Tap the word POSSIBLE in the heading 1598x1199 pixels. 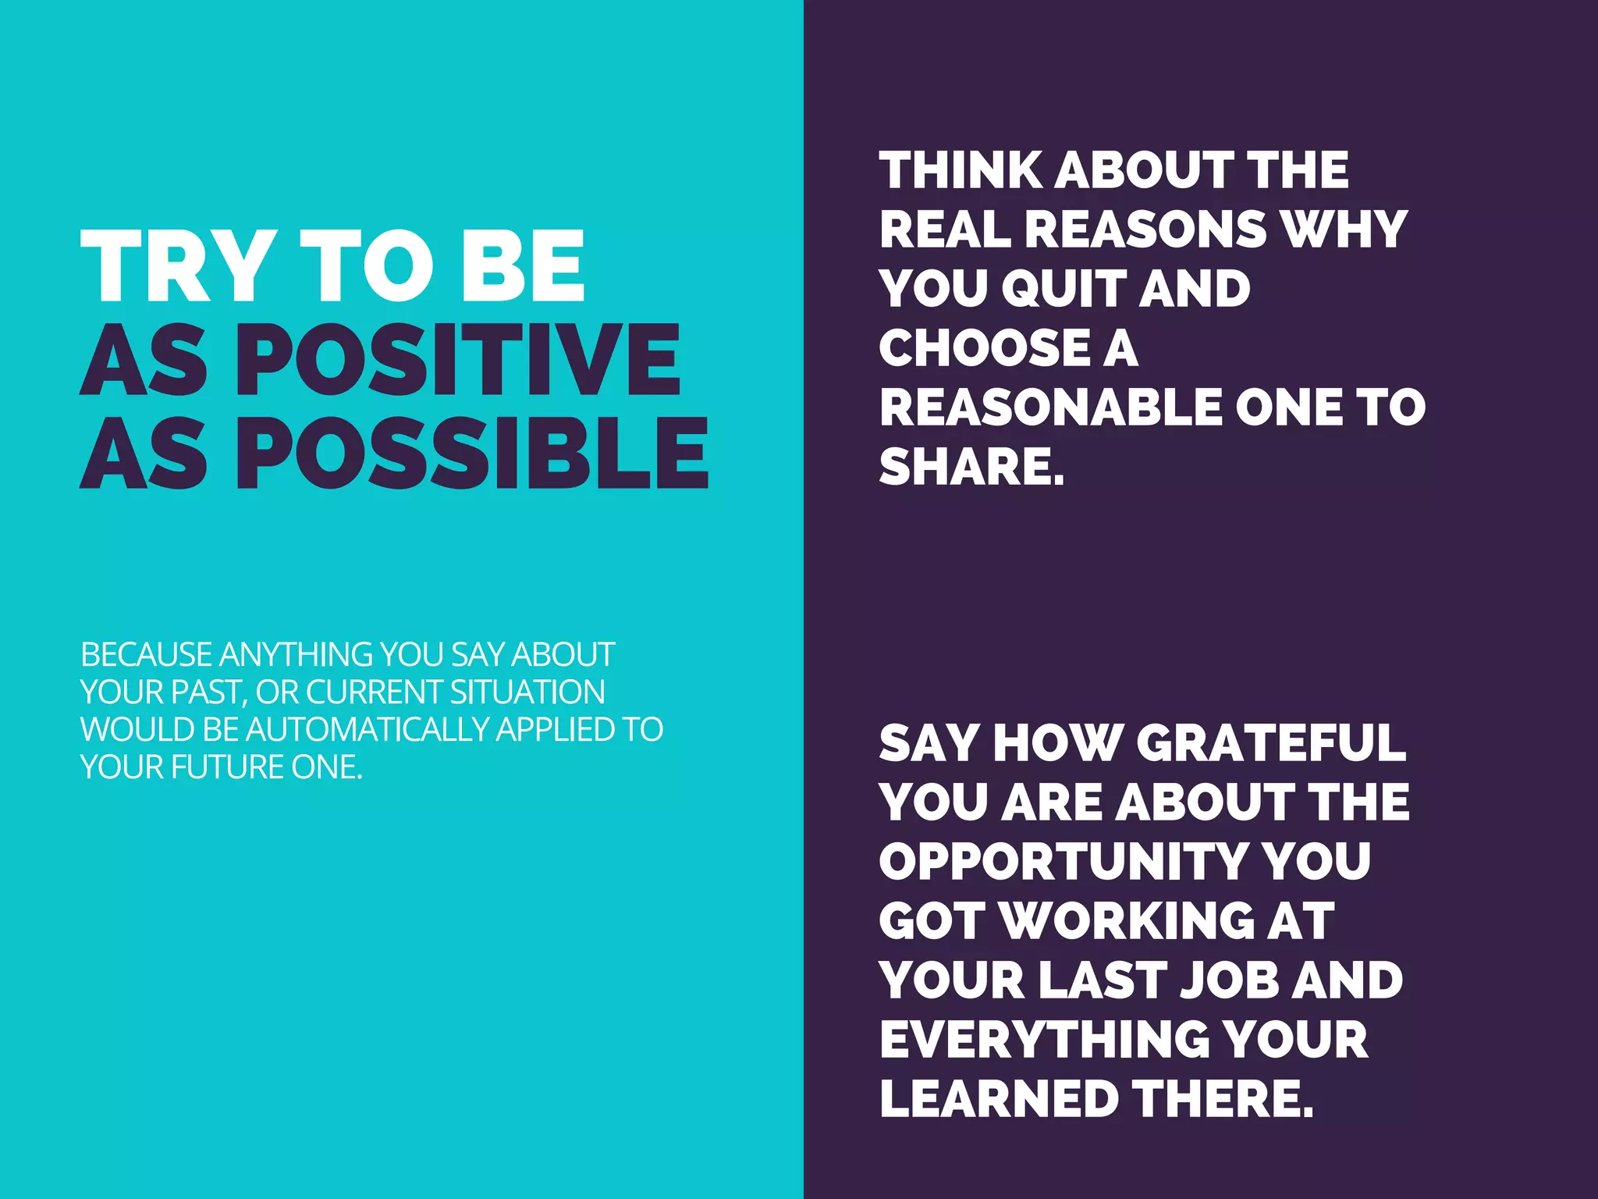pos(472,454)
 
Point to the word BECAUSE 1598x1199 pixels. pos(146,655)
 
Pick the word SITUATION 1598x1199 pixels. pos(527,692)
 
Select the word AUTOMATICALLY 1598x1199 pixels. pos(368,730)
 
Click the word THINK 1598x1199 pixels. pos(961,170)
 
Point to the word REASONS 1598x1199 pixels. pos(1145,229)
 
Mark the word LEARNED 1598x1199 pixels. pos(1000,1099)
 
